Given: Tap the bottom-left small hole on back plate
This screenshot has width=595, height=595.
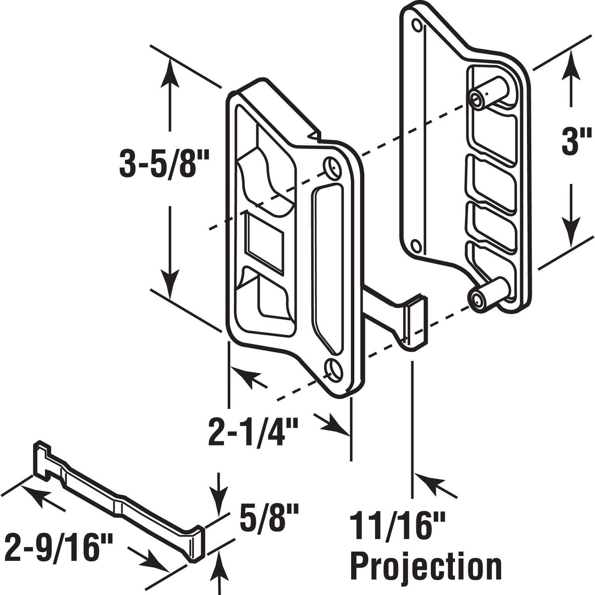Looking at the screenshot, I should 415,246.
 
